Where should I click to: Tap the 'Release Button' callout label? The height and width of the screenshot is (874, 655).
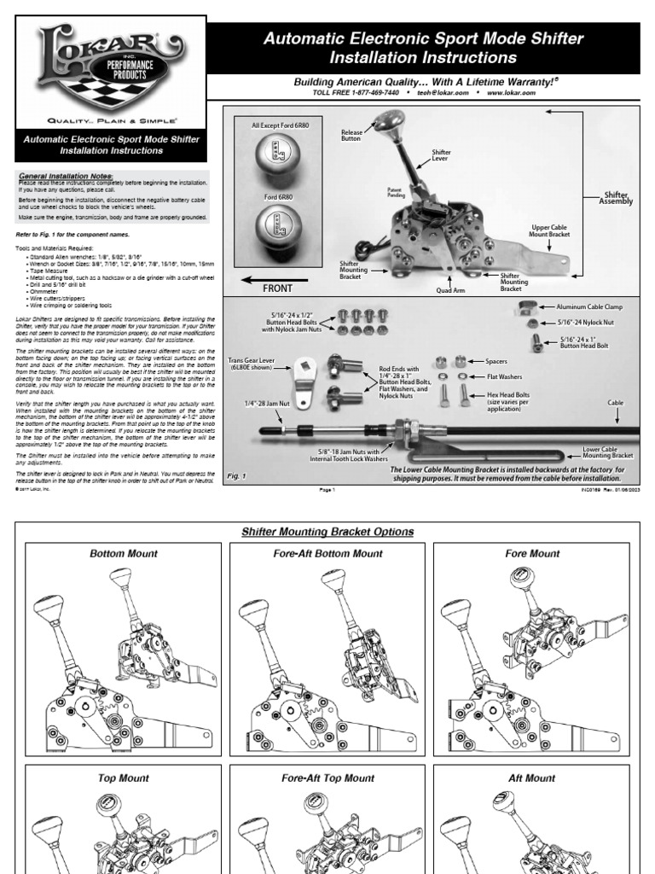pos(352,134)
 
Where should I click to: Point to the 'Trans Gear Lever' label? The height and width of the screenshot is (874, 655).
pos(255,365)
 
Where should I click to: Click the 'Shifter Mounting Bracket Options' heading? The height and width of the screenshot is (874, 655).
pos(327,532)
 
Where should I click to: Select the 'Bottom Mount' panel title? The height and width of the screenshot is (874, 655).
pos(123,553)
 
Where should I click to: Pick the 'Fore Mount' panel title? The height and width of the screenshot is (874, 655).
pos(532,553)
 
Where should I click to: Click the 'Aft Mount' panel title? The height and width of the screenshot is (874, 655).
pos(532,778)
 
